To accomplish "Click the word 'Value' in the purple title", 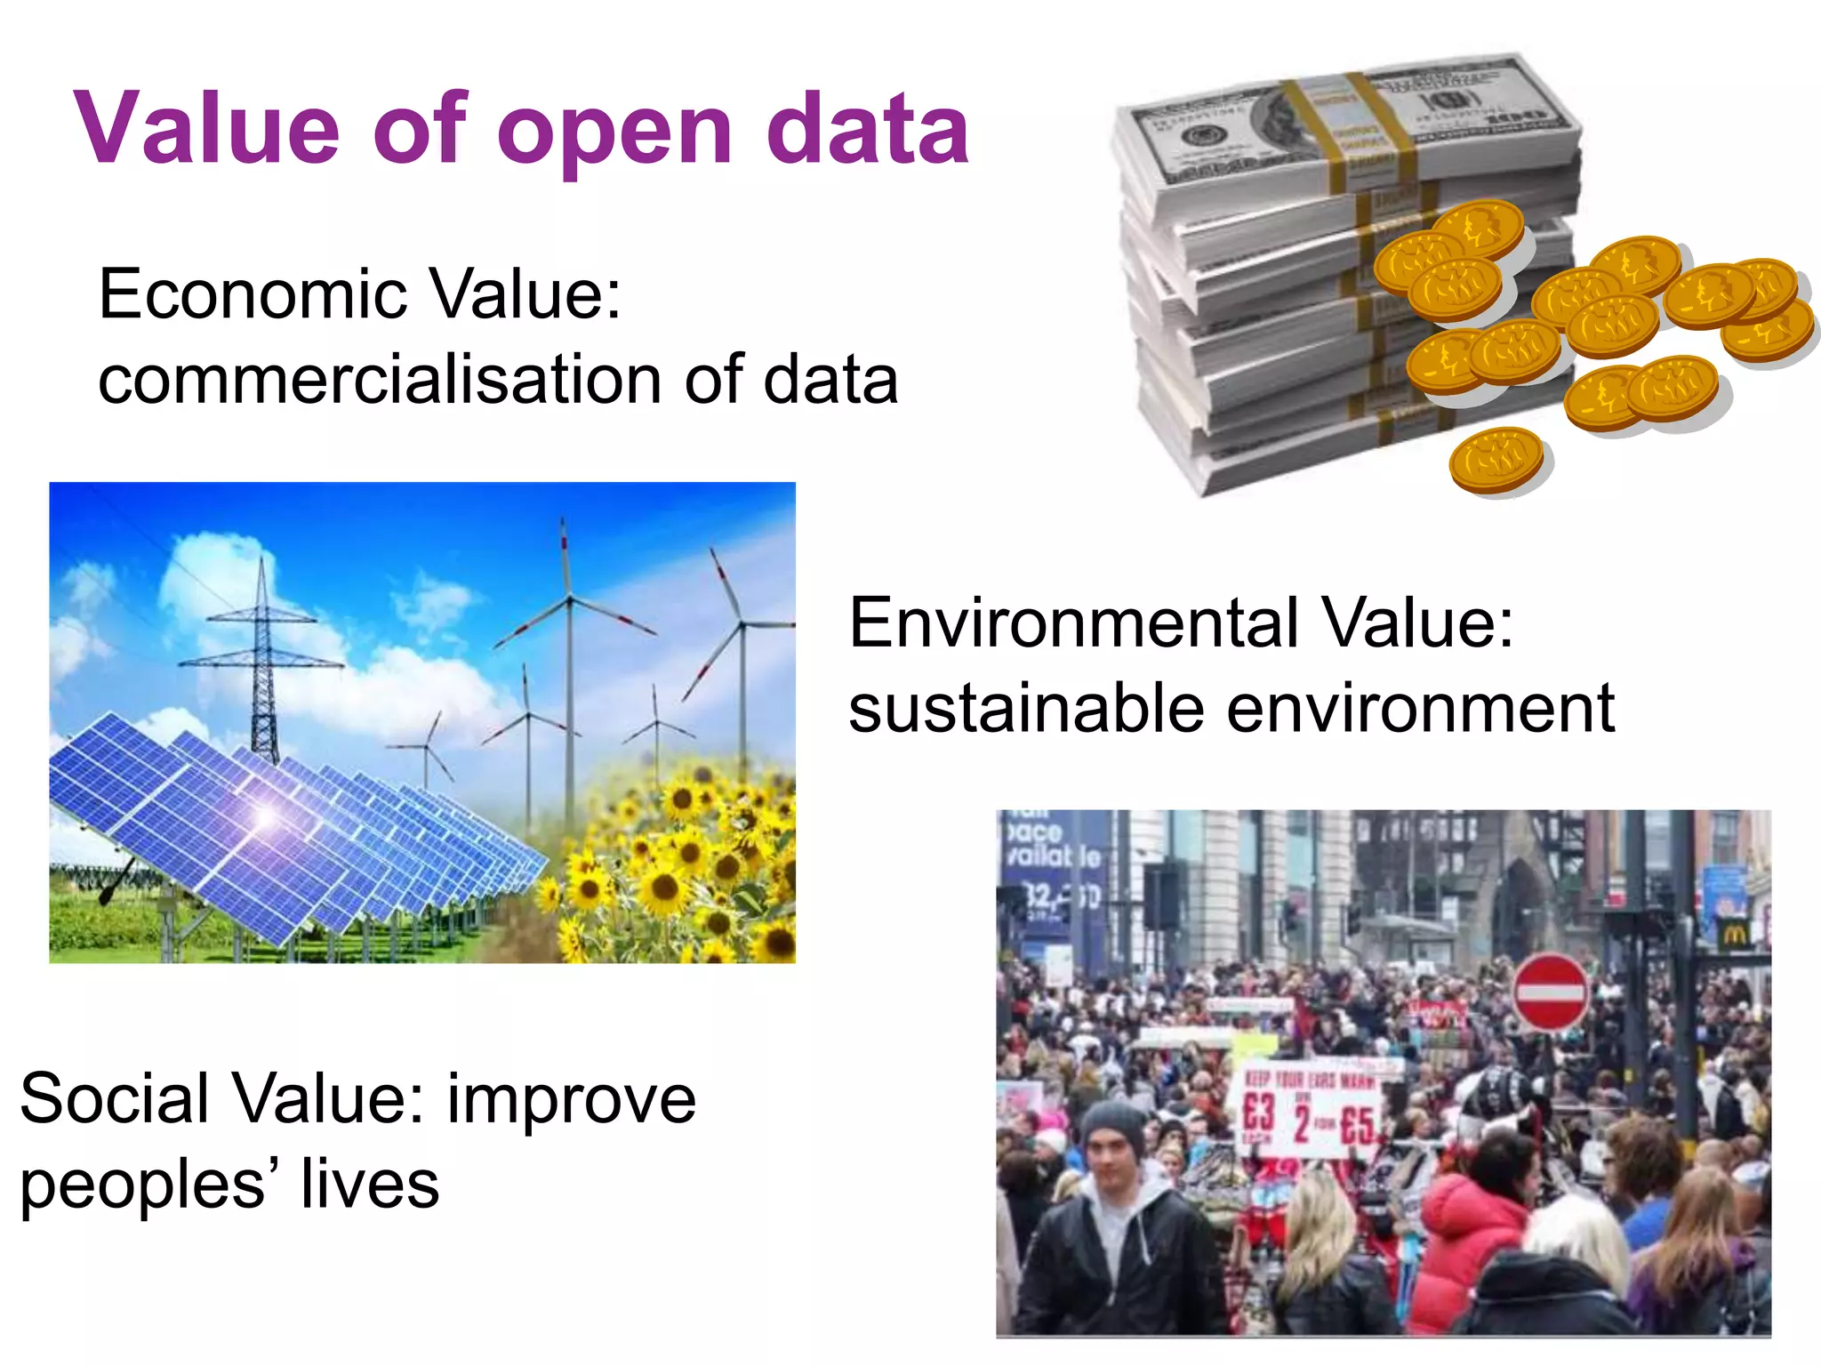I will tap(207, 129).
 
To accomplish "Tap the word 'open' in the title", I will tap(616, 133).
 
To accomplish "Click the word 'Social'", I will tap(113, 1098).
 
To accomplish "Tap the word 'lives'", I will tap(369, 1185).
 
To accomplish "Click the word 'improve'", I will tap(571, 1100).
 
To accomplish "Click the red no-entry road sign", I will tap(1550, 992).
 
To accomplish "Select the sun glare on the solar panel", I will tap(264, 814).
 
